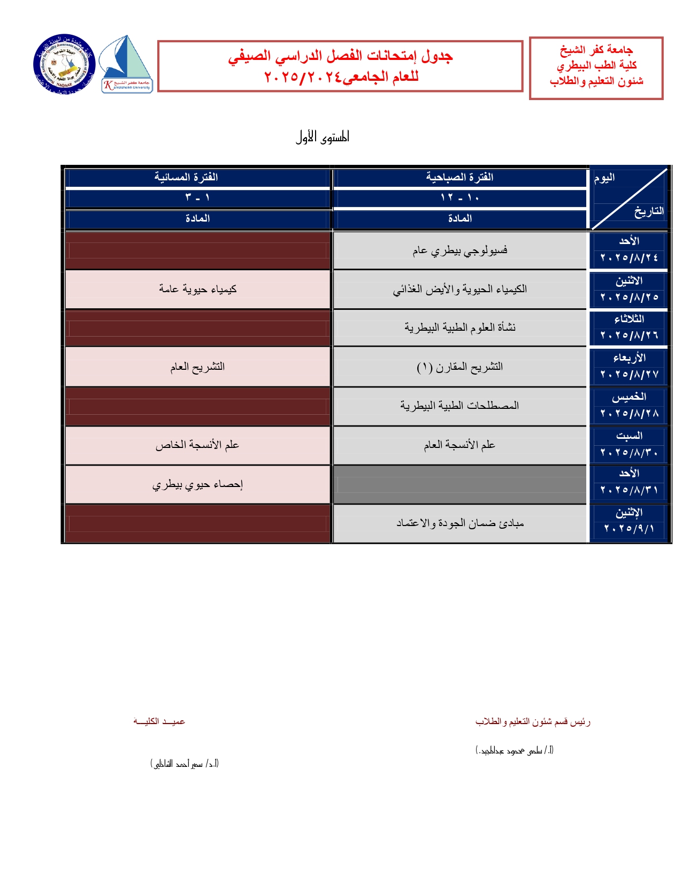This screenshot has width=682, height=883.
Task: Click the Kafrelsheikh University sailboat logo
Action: tap(127, 65)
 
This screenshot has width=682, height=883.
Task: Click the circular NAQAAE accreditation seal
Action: tap(64, 65)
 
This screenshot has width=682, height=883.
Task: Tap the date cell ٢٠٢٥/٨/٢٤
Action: tap(629, 258)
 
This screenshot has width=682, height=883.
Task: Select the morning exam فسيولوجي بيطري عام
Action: tap(459, 250)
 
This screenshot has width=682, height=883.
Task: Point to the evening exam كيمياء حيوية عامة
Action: tap(197, 290)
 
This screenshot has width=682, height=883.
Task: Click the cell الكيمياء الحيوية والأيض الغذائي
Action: tap(459, 290)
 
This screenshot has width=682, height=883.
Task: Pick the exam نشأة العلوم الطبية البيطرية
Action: tap(459, 328)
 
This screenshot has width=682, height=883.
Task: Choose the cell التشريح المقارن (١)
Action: tap(459, 367)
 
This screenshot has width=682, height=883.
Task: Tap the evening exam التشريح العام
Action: tap(197, 367)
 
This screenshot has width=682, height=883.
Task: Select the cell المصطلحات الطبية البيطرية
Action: tap(459, 406)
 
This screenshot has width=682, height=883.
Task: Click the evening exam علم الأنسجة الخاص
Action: tap(197, 445)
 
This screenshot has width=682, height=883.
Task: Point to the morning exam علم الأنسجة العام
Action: tap(459, 445)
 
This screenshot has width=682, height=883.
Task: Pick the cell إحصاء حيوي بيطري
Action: tap(197, 485)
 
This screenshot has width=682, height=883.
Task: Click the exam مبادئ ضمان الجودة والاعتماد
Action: tap(459, 523)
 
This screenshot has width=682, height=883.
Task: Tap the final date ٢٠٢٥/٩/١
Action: tap(629, 529)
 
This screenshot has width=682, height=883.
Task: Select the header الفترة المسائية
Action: tap(186, 178)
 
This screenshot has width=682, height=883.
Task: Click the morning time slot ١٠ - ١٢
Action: tap(459, 198)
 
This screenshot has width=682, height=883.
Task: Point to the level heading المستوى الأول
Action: tap(323, 138)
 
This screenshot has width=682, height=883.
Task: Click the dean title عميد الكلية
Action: tap(159, 721)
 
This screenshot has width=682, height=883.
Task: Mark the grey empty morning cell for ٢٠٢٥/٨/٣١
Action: tap(459, 485)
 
